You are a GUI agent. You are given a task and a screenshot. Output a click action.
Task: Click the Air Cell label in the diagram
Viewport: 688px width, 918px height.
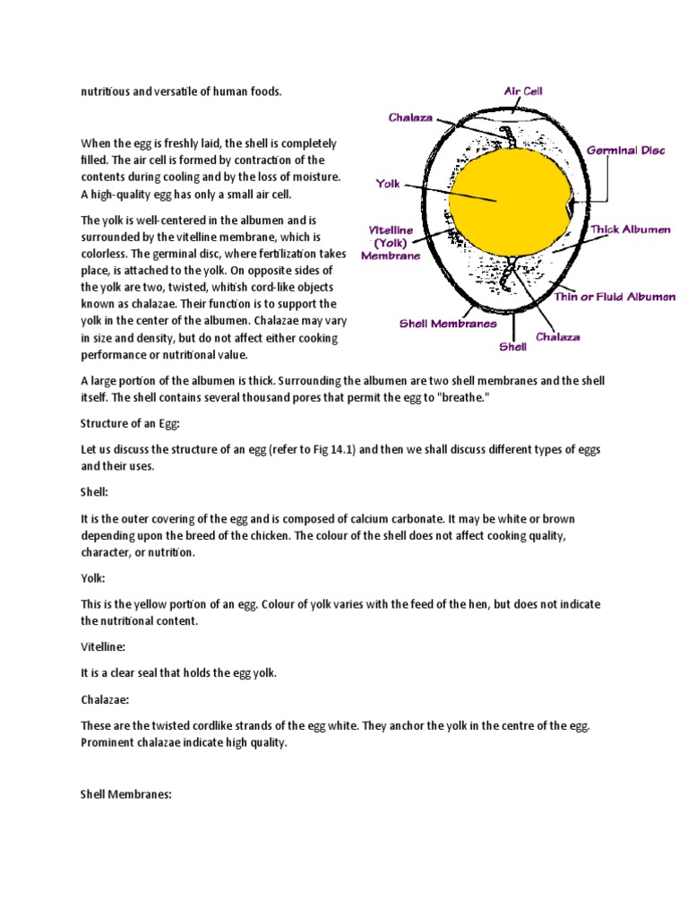click(x=523, y=91)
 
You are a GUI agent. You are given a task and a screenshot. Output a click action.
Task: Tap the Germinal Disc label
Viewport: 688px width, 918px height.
click(x=625, y=152)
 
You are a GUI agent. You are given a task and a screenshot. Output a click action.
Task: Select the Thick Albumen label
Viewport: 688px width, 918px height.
click(x=631, y=230)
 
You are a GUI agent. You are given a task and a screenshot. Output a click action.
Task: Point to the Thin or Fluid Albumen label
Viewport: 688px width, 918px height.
click(x=615, y=297)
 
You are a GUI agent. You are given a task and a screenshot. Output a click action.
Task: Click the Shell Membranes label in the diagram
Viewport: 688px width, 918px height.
click(x=448, y=324)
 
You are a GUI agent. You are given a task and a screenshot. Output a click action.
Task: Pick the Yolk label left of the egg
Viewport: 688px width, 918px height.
click(x=388, y=183)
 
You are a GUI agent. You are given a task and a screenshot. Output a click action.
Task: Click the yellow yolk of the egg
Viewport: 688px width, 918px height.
click(x=508, y=199)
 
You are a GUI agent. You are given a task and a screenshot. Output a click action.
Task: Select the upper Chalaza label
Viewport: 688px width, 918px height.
click(x=410, y=117)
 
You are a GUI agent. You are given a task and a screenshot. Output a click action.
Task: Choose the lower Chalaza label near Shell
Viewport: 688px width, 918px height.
click(x=557, y=337)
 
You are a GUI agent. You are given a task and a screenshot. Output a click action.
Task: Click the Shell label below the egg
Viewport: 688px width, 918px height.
click(x=512, y=346)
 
